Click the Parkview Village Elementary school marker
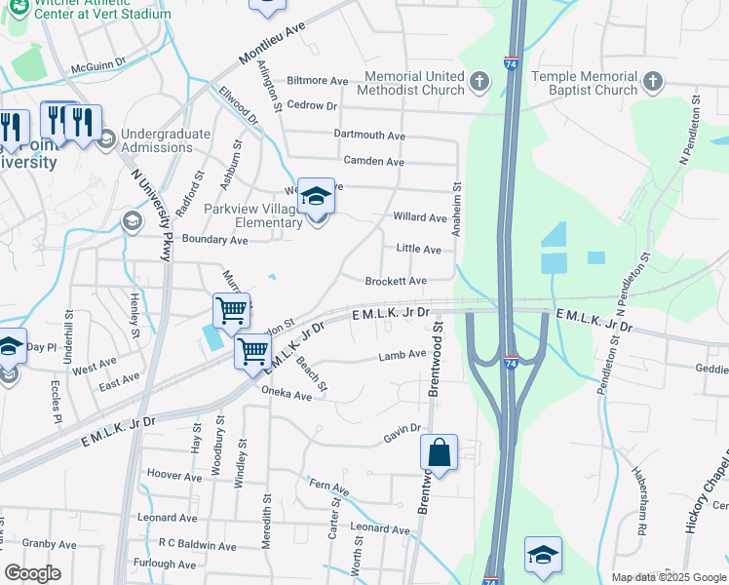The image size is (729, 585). point(315,197)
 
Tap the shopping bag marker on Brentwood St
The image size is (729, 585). point(439,452)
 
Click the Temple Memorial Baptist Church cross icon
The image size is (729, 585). point(652,83)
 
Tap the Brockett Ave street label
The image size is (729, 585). point(396,281)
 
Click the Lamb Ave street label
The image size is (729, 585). point(403,355)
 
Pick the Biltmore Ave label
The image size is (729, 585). point(318,81)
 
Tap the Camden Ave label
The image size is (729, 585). point(373,161)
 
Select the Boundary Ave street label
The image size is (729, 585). point(214,239)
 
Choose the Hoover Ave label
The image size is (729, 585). point(173,475)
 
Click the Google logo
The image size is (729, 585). point(32,573)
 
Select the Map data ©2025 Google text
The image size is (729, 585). point(668,577)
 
